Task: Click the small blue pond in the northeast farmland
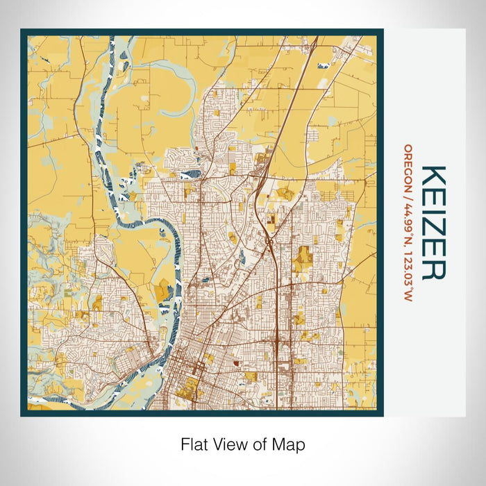click(x=323, y=66)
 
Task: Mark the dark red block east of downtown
click(x=236, y=362)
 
